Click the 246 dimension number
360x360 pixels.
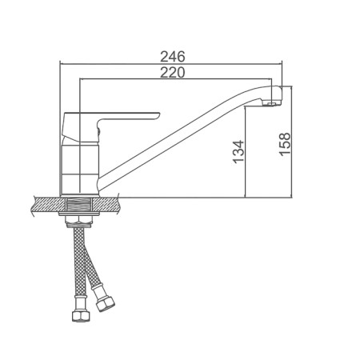point(172,57)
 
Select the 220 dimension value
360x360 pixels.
point(172,72)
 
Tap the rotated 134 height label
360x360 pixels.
point(238,151)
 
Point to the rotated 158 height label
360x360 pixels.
point(285,144)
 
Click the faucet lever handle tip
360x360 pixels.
point(158,115)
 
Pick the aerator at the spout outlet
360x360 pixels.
point(271,103)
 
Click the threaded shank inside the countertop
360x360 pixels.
point(79,205)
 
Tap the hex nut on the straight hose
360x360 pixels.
point(82,316)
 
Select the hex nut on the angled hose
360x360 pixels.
point(106,303)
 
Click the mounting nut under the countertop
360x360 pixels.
point(79,222)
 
